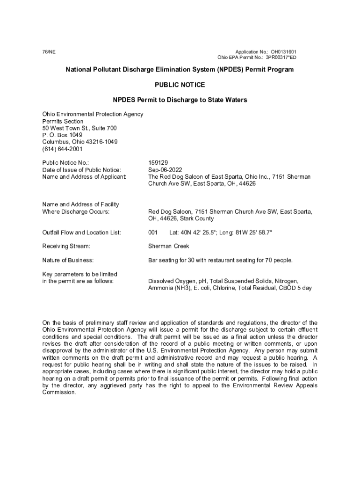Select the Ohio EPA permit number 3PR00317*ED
281,58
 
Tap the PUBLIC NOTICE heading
180,85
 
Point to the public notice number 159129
158,163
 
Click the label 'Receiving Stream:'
66,246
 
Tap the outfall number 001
153,232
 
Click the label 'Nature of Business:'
68,260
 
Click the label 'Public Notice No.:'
65,163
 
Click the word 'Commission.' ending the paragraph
59,392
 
